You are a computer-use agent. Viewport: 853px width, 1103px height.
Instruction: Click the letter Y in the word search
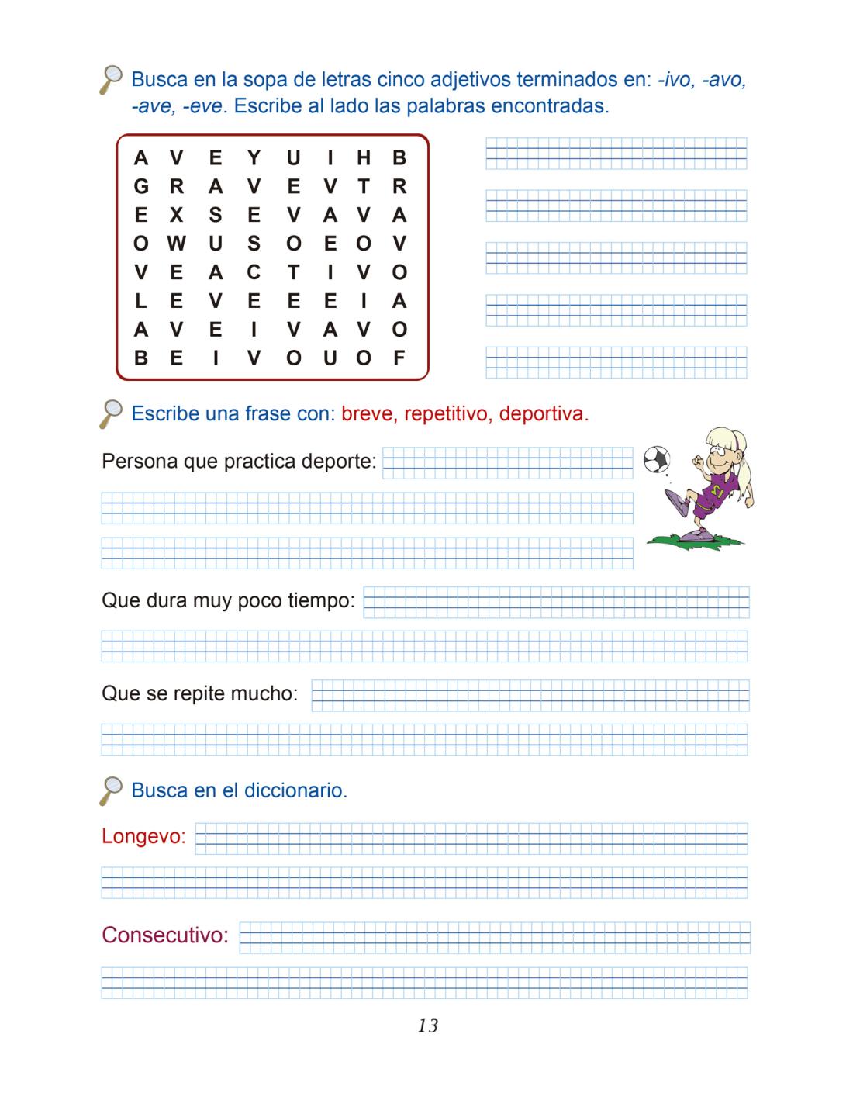click(254, 158)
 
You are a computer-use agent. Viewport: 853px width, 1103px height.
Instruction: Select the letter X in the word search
click(177, 216)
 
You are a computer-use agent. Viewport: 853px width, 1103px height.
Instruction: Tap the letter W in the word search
click(177, 244)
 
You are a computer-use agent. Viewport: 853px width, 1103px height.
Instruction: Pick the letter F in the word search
click(399, 358)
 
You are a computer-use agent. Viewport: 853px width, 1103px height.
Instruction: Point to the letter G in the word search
click(140, 187)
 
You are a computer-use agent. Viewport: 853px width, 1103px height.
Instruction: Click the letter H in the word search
click(364, 158)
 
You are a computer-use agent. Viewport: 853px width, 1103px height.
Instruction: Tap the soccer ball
click(657, 460)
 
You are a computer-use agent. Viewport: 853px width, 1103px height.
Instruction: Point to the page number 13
click(427, 1026)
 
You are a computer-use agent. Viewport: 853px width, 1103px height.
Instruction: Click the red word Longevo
click(143, 837)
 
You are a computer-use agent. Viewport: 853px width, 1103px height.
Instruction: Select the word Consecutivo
click(165, 935)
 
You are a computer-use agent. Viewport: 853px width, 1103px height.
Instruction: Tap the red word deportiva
click(543, 414)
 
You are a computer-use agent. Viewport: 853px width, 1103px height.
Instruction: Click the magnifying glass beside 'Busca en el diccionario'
click(112, 790)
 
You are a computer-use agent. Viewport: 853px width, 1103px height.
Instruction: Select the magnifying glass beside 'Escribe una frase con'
click(112, 413)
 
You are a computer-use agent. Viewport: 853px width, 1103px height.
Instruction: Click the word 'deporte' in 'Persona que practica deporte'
click(340, 462)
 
